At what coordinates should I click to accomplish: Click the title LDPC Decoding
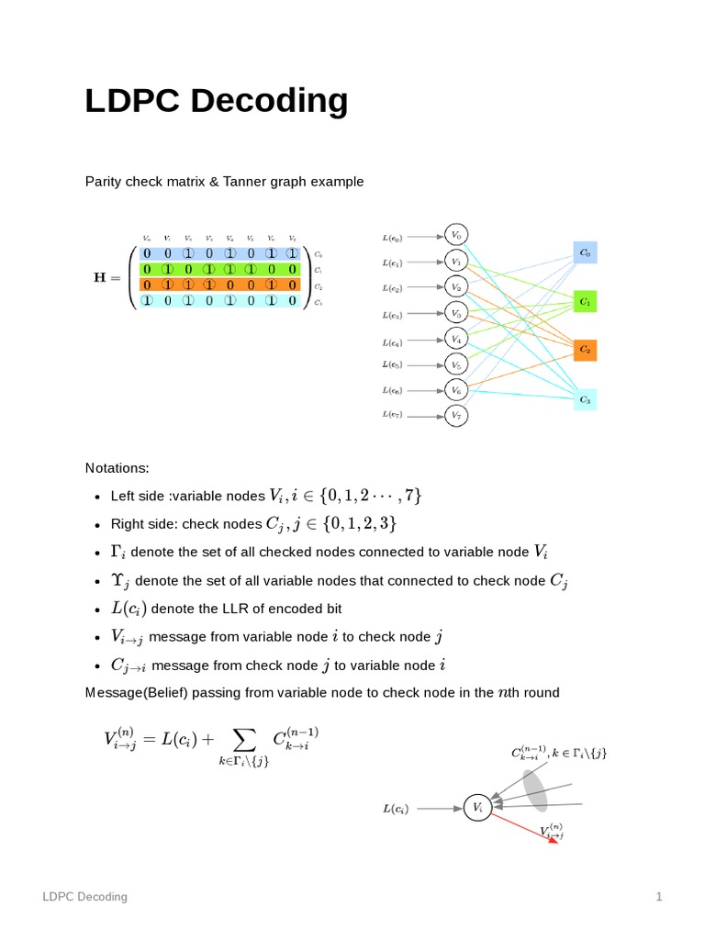pyautogui.click(x=216, y=101)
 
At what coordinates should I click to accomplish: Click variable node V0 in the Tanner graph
pyautogui.click(x=455, y=235)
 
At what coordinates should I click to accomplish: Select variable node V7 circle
pyautogui.click(x=455, y=416)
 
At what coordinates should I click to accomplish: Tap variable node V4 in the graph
pyautogui.click(x=455, y=338)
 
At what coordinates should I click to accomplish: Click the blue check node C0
pyautogui.click(x=585, y=252)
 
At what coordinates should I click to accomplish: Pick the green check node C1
pyautogui.click(x=585, y=301)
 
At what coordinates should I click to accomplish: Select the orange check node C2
pyautogui.click(x=585, y=350)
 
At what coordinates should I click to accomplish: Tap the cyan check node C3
pyautogui.click(x=585, y=399)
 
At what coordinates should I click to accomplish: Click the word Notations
pyautogui.click(x=117, y=467)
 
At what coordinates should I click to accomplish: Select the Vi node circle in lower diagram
pyautogui.click(x=476, y=808)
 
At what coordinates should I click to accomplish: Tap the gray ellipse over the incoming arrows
pyautogui.click(x=535, y=790)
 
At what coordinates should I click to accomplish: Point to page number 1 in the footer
pyautogui.click(x=658, y=896)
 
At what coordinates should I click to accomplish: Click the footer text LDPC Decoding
pyautogui.click(x=86, y=896)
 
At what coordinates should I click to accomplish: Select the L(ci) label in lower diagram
pyautogui.click(x=396, y=809)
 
